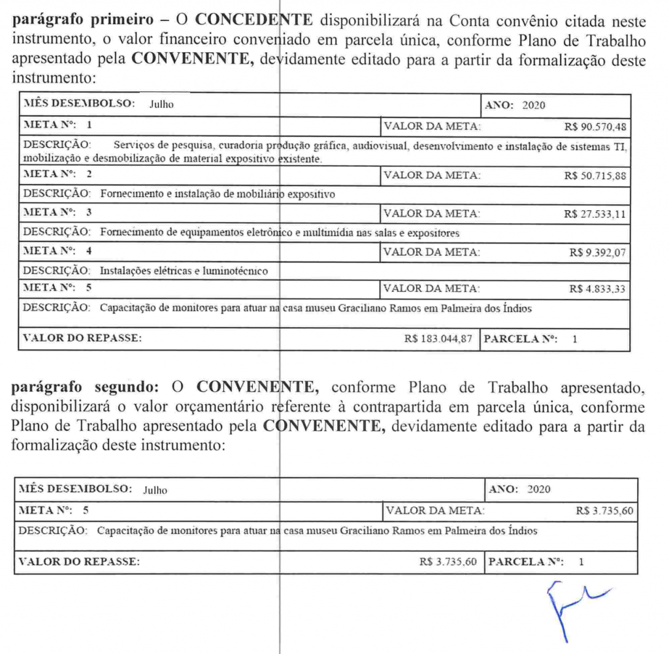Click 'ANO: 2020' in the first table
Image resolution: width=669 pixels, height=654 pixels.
[519, 104]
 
